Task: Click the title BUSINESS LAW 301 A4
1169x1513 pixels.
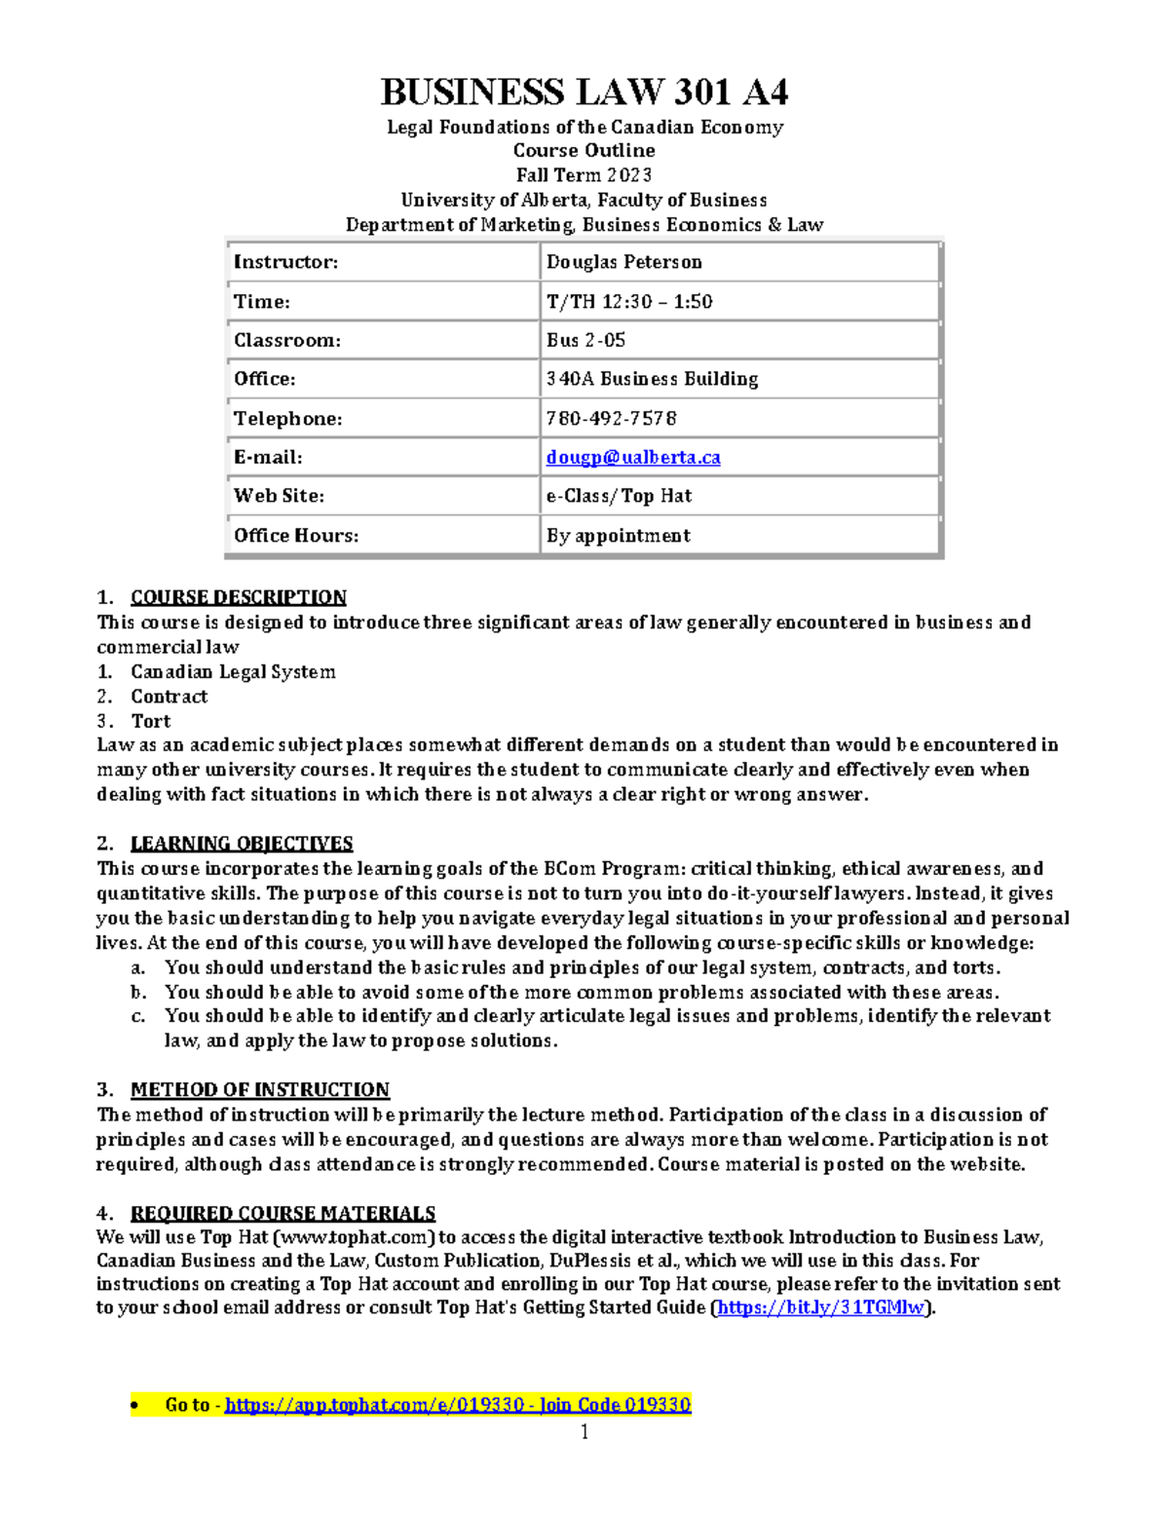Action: pos(584,92)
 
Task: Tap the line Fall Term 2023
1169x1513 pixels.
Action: pos(584,175)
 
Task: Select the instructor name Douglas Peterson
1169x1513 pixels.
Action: pos(624,262)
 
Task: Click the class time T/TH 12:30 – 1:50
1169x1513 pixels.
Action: pos(629,302)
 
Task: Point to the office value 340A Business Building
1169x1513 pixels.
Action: pos(652,379)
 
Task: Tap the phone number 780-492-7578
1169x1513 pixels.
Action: pos(611,418)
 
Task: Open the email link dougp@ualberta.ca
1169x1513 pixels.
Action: pos(633,457)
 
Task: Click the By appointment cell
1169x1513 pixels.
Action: pos(618,535)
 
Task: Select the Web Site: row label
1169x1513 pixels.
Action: pos(279,496)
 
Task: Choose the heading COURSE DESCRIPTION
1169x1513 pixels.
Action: pos(238,597)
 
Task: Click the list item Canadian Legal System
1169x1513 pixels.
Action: pos(233,672)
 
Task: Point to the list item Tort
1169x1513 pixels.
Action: pos(150,721)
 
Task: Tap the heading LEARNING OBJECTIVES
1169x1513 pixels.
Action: pos(242,844)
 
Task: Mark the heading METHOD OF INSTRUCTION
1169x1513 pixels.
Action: pos(259,1089)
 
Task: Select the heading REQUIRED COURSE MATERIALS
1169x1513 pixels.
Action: pos(283,1213)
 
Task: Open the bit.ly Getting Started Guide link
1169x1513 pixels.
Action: pos(822,1307)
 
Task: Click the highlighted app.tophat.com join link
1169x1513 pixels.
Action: pos(458,1405)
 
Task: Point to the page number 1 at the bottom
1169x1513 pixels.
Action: pos(584,1431)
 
